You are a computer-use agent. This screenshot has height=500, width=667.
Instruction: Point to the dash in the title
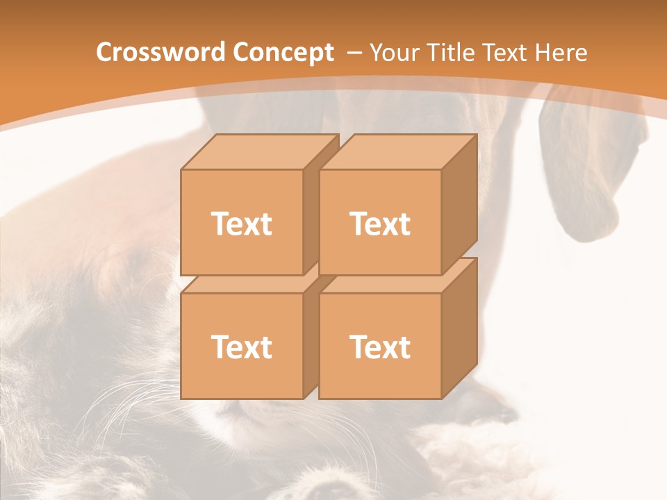(x=354, y=53)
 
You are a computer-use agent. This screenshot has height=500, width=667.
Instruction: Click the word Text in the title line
(x=511, y=53)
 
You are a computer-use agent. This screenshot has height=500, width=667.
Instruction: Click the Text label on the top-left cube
(x=242, y=224)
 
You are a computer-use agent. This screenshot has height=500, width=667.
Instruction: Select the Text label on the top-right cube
(x=380, y=224)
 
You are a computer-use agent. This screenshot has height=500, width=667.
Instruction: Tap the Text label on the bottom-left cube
(x=242, y=347)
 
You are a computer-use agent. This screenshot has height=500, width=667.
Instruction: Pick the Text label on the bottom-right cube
(x=380, y=347)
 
